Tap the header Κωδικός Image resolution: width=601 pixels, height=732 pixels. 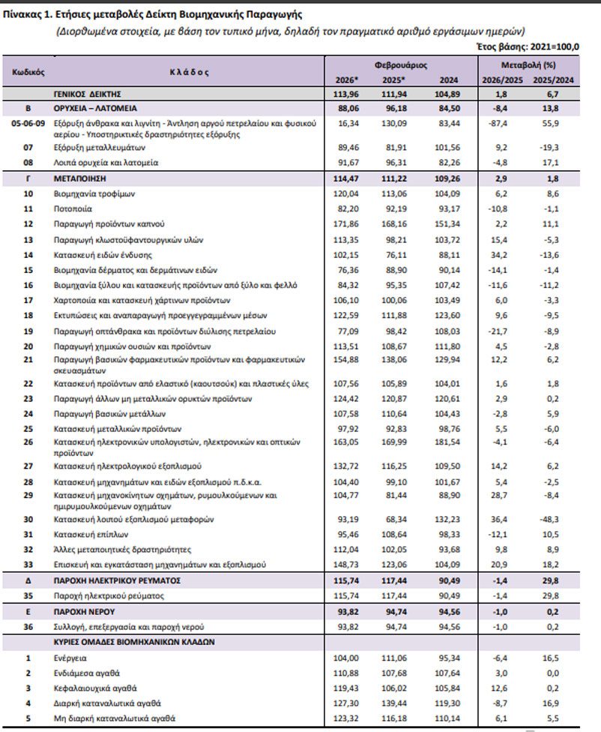(x=29, y=73)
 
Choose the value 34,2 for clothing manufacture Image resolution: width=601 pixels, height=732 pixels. (x=499, y=254)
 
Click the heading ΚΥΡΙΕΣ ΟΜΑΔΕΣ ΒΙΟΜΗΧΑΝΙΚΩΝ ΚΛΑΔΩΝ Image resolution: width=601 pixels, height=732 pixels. (x=134, y=642)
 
